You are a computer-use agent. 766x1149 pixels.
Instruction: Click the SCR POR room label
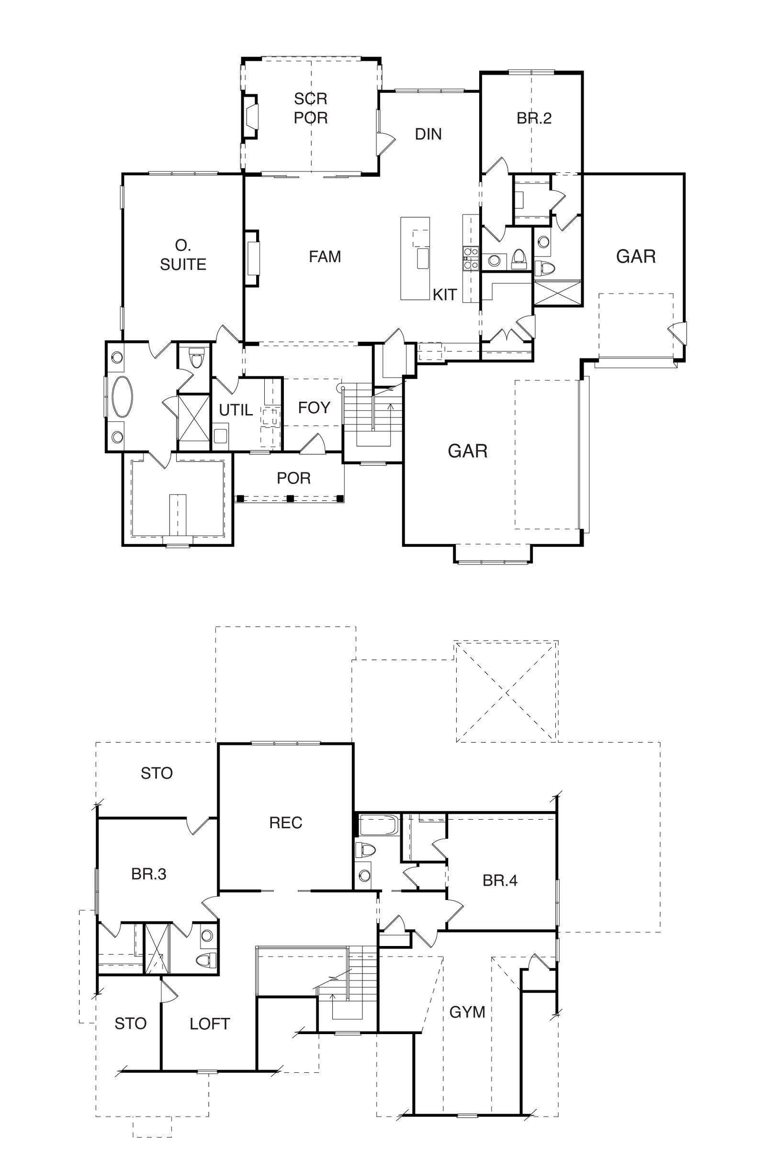tap(311, 108)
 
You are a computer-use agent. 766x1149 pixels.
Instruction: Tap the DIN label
tap(428, 134)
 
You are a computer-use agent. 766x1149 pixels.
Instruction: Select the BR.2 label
tap(534, 118)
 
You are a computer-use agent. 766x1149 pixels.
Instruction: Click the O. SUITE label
tap(183, 255)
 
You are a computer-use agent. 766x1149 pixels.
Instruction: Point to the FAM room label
tap(325, 257)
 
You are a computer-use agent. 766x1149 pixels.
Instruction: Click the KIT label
tap(445, 294)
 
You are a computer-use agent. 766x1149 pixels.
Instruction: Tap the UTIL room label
tap(236, 410)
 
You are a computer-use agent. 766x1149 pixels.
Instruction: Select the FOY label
tap(314, 407)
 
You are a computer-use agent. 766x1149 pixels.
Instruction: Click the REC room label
tap(286, 822)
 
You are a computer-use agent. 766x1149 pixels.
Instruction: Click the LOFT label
tap(210, 1024)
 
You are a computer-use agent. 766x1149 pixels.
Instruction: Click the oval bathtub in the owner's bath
tap(122, 396)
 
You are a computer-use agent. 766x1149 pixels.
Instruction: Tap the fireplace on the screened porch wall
tap(250, 116)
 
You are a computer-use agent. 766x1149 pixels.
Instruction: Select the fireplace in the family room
tap(252, 258)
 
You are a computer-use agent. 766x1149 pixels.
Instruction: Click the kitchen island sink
tap(423, 258)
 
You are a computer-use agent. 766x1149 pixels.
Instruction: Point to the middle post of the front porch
tap(290, 499)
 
